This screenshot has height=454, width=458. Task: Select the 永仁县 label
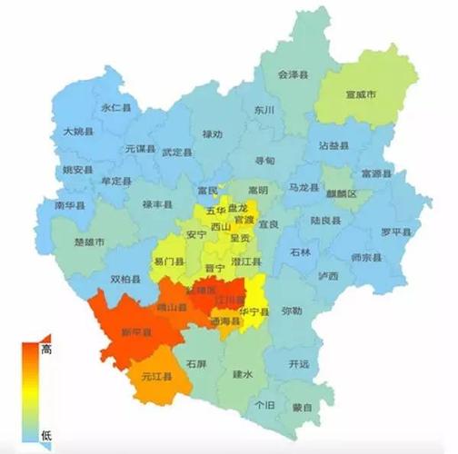click(x=116, y=107)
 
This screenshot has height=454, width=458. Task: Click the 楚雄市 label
click(x=89, y=242)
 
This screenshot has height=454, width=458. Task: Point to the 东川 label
click(x=264, y=110)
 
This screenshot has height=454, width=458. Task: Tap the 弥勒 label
click(x=292, y=310)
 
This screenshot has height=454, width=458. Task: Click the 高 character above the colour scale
click(x=47, y=349)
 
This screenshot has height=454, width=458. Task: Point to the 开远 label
click(x=298, y=364)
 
